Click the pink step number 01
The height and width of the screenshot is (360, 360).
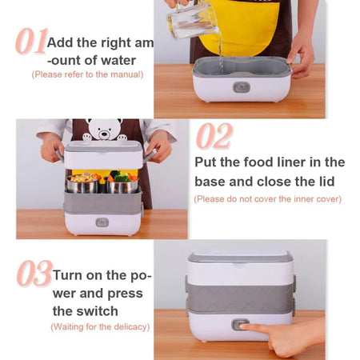click(x=30, y=42)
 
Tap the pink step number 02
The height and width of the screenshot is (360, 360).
click(x=214, y=136)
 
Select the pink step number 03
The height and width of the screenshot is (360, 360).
click(x=34, y=274)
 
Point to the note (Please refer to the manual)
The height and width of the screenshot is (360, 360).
click(x=87, y=74)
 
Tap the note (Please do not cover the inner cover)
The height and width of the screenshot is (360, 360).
click(x=267, y=198)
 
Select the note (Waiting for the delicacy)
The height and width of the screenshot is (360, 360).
click(x=99, y=326)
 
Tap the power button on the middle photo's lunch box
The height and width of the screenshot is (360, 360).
click(x=102, y=222)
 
